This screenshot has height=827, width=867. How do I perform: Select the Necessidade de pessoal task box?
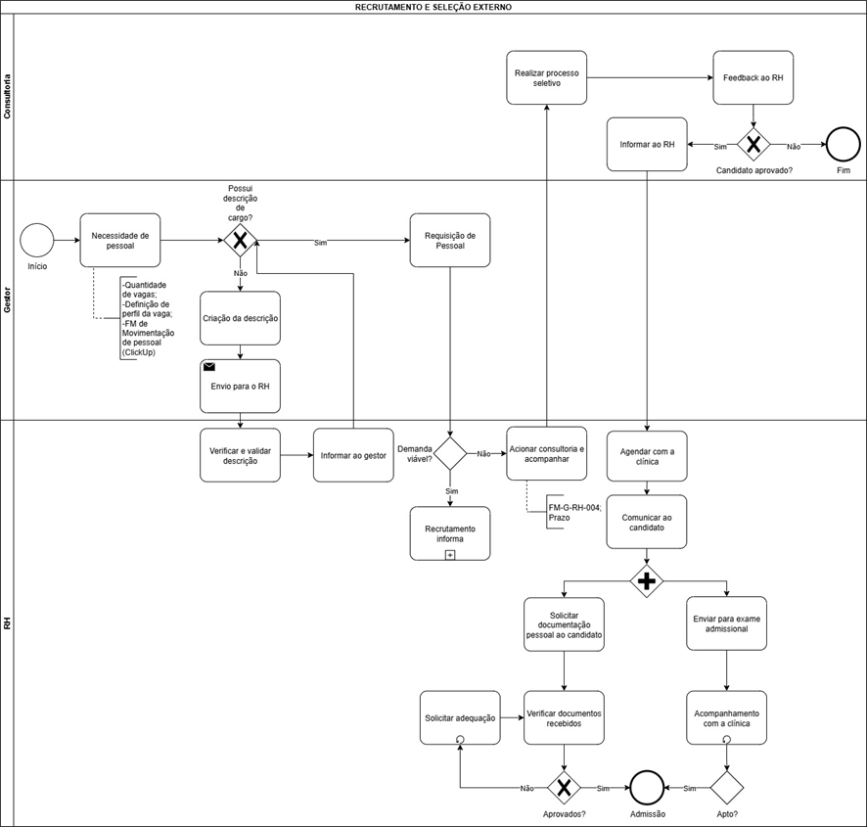pos(120,241)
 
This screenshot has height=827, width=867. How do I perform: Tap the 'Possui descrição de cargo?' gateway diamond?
pos(240,241)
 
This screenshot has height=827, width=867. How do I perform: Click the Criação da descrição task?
pos(240,319)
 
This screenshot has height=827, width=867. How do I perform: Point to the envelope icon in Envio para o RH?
pos(209,367)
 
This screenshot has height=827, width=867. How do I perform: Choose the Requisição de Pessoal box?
pos(450,241)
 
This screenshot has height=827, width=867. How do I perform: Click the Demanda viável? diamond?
pos(450,453)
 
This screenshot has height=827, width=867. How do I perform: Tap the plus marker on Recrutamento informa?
pos(450,554)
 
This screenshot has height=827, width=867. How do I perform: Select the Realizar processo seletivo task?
pos(546,78)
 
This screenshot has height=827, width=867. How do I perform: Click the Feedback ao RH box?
pos(753,78)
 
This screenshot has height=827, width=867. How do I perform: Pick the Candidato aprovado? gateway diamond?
pos(753,145)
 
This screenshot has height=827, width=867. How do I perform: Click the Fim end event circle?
pos(844,145)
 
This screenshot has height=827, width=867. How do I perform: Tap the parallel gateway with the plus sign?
pos(647,581)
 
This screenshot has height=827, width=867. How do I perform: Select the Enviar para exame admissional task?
pos(726,623)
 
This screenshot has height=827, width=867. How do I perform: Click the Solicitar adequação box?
pos(460,718)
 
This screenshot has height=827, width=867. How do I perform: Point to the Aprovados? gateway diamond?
pos(564,788)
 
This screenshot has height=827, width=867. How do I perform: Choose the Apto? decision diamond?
pos(726,788)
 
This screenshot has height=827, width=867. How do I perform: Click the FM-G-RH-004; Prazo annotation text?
pos(574,512)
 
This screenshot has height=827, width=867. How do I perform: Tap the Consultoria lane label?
pos(7,97)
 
